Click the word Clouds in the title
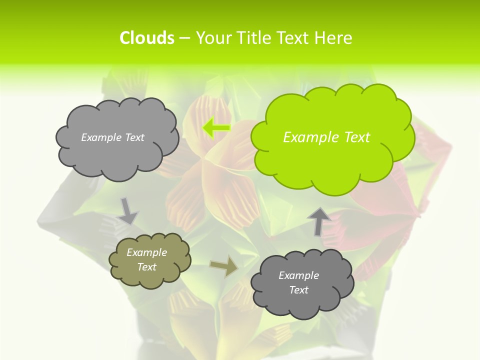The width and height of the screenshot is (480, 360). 146,38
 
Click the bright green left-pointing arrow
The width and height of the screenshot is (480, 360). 216,128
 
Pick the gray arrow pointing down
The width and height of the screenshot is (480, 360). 128,211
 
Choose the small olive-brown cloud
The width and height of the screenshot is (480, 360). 150,260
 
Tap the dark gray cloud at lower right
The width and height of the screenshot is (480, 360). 301,283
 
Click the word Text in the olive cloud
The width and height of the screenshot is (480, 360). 147,267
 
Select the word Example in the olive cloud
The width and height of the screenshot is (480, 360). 147,252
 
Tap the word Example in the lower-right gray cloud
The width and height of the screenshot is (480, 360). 298,275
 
